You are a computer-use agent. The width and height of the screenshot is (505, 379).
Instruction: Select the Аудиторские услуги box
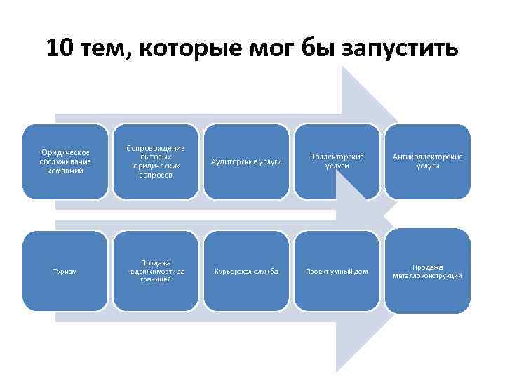[246, 161]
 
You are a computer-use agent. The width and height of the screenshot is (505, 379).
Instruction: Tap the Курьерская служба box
[246, 271]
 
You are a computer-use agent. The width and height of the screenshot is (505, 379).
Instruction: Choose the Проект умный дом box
[337, 271]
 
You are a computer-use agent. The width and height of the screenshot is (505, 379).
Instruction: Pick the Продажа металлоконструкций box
[428, 271]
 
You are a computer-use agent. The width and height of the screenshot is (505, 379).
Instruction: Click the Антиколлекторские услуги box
[428, 161]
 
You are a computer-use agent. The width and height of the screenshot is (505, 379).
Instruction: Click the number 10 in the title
[59, 49]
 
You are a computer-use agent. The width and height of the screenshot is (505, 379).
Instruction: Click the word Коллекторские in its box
[337, 157]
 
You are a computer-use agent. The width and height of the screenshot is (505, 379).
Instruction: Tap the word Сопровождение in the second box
[156, 148]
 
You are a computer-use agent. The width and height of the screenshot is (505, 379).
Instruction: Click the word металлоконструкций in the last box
[428, 276]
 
